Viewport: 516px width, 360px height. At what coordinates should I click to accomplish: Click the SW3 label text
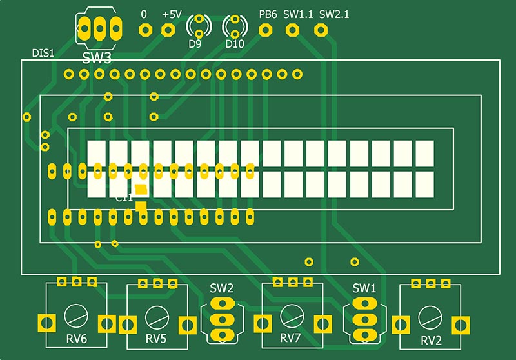click(97, 59)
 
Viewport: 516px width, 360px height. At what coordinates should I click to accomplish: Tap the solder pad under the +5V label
click(168, 29)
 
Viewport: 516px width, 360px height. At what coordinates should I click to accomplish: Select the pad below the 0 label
click(145, 29)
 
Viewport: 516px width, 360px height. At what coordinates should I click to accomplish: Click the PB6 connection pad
click(265, 29)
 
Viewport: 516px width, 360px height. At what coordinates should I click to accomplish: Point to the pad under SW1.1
click(292, 29)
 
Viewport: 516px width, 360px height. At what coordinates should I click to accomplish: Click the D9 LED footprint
click(199, 26)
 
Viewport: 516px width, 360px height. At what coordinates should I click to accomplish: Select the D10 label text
click(235, 45)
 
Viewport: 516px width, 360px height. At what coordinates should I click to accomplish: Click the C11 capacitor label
click(124, 199)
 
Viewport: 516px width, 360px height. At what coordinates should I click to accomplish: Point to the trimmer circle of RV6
click(76, 316)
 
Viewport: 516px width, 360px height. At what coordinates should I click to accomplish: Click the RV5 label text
click(155, 339)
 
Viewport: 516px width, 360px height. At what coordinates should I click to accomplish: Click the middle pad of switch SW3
click(99, 27)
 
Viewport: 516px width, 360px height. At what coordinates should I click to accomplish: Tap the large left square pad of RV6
click(45, 322)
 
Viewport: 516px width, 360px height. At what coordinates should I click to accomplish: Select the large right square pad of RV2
click(461, 323)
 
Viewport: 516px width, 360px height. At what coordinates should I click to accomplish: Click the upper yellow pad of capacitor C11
click(141, 190)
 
